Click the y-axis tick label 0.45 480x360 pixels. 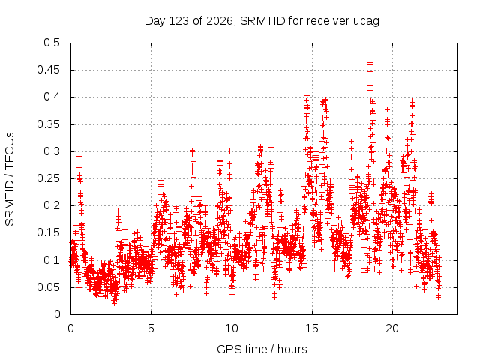tap(48, 70)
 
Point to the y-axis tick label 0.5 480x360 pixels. tap(52, 43)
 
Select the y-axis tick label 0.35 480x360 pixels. tap(48, 124)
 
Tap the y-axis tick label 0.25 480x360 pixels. tap(48, 178)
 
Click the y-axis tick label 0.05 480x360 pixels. tap(48, 287)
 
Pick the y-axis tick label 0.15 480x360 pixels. tap(48, 232)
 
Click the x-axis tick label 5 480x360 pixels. tap(151, 328)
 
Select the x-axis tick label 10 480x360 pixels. tap(232, 328)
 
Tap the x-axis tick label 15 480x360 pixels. tap(312, 328)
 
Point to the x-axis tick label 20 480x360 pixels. tap(392, 328)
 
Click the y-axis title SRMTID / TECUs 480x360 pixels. tap(10, 179)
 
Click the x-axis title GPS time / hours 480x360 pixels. tap(262, 349)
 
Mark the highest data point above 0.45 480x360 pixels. tap(370, 63)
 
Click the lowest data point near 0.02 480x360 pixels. tap(115, 303)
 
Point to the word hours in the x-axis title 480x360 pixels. tap(292, 349)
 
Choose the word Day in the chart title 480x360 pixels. tap(155, 21)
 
